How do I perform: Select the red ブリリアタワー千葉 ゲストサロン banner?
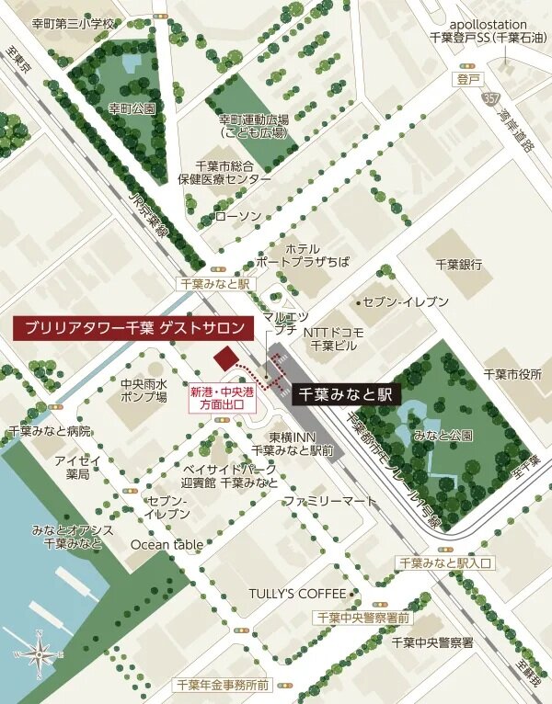click(x=134, y=327)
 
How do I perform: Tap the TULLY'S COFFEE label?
click(x=296, y=593)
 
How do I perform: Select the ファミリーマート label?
click(x=330, y=501)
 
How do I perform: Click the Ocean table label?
click(x=167, y=544)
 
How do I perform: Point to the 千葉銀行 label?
click(x=459, y=264)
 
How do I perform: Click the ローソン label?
click(x=237, y=217)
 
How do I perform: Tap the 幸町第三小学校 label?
click(x=75, y=23)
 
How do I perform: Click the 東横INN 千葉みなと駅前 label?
click(x=293, y=443)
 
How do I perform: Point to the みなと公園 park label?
click(x=443, y=434)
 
